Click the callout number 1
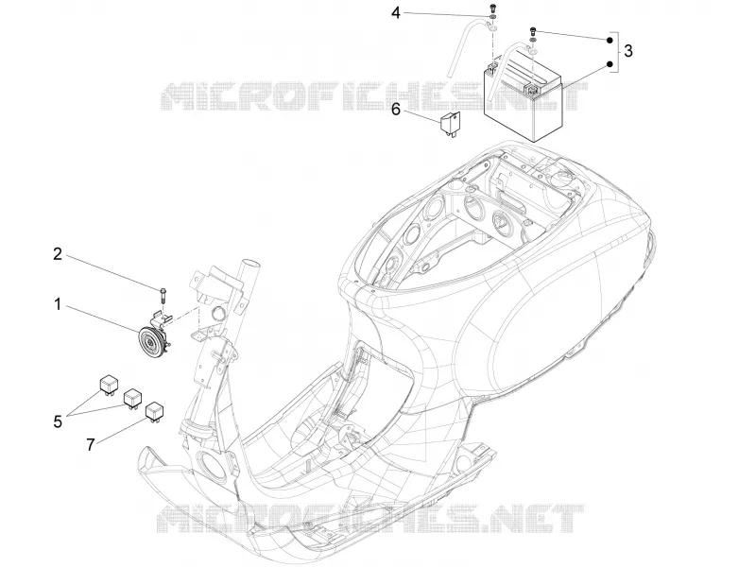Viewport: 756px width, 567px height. coord(58,304)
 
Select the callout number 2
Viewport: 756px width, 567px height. coord(58,253)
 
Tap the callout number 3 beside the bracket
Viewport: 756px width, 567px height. coord(627,51)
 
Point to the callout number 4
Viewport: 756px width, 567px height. coord(395,13)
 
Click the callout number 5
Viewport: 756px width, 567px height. coord(58,421)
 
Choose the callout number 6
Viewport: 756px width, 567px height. coord(395,110)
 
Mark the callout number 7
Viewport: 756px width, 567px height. coord(90,444)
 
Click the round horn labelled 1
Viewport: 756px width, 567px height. coord(151,343)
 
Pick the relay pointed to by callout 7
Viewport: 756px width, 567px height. coord(154,411)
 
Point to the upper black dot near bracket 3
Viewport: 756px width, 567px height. coord(610,40)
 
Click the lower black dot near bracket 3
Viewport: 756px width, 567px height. coord(610,63)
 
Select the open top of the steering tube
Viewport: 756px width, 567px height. coord(250,264)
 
